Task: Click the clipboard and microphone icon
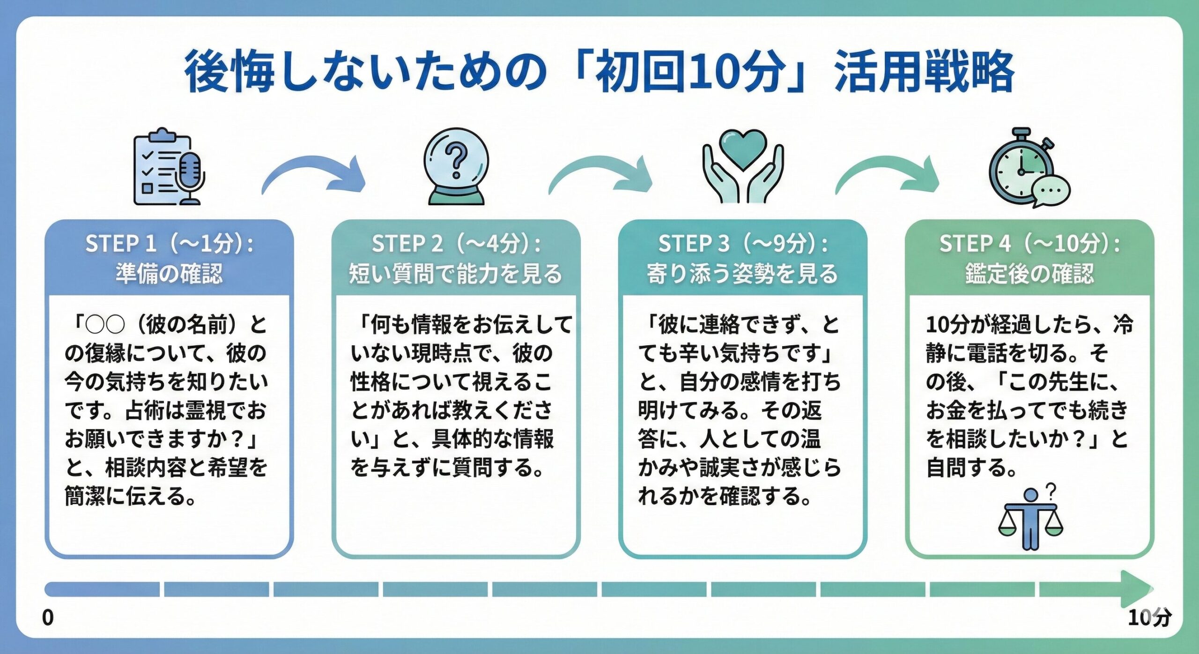click(x=169, y=167)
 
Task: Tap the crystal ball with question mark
click(x=456, y=167)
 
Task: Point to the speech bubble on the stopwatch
click(x=1051, y=191)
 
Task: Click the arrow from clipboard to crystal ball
click(x=314, y=175)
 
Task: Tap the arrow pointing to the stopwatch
click(x=888, y=175)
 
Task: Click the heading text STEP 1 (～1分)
click(x=169, y=244)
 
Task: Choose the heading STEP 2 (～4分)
click(x=456, y=244)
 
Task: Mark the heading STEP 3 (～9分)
click(x=743, y=244)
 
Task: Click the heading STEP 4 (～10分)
click(x=1029, y=244)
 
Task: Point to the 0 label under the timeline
click(x=48, y=617)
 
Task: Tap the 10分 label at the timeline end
click(x=1149, y=617)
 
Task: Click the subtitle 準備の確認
click(x=169, y=273)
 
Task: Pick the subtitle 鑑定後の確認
click(x=1029, y=273)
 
